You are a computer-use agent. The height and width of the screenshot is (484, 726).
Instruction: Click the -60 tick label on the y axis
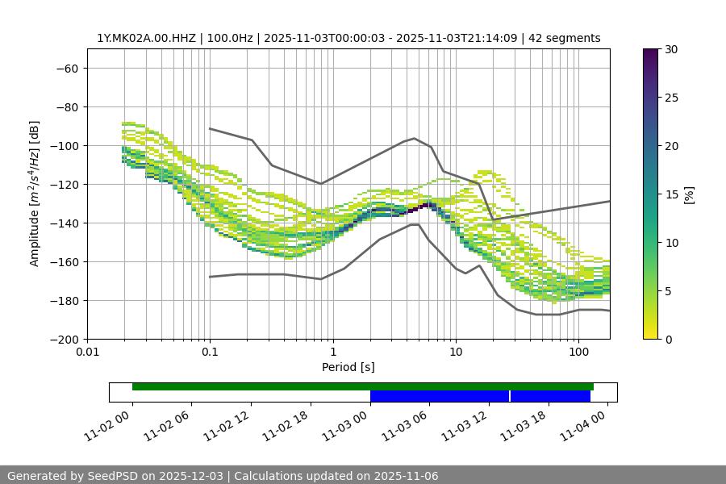pyautogui.click(x=65, y=69)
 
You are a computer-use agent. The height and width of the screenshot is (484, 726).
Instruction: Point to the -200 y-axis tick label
pyautogui.click(x=63, y=340)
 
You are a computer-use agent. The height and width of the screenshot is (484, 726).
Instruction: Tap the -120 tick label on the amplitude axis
pyautogui.click(x=63, y=185)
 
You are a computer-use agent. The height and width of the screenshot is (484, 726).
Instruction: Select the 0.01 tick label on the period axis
pyautogui.click(x=87, y=353)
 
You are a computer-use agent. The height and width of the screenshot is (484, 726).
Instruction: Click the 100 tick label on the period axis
pyautogui.click(x=578, y=353)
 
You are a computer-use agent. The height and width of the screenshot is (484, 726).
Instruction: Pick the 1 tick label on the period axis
pyautogui.click(x=332, y=353)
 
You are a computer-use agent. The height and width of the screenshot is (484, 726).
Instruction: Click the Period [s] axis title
pyautogui.click(x=348, y=367)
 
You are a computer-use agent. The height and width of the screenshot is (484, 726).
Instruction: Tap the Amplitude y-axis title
pyautogui.click(x=35, y=194)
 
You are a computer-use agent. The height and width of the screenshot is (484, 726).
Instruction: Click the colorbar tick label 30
pyautogui.click(x=670, y=49)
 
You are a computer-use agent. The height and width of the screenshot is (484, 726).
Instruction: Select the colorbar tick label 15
pyautogui.click(x=670, y=194)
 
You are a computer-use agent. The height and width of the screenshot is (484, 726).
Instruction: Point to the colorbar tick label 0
pyautogui.click(x=668, y=340)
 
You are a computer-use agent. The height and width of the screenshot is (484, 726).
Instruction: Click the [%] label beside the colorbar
pyautogui.click(x=689, y=194)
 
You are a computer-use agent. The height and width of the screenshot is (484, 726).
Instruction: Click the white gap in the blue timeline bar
pyautogui.click(x=510, y=396)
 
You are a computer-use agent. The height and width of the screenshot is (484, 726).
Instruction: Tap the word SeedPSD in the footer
pyautogui.click(x=115, y=476)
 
